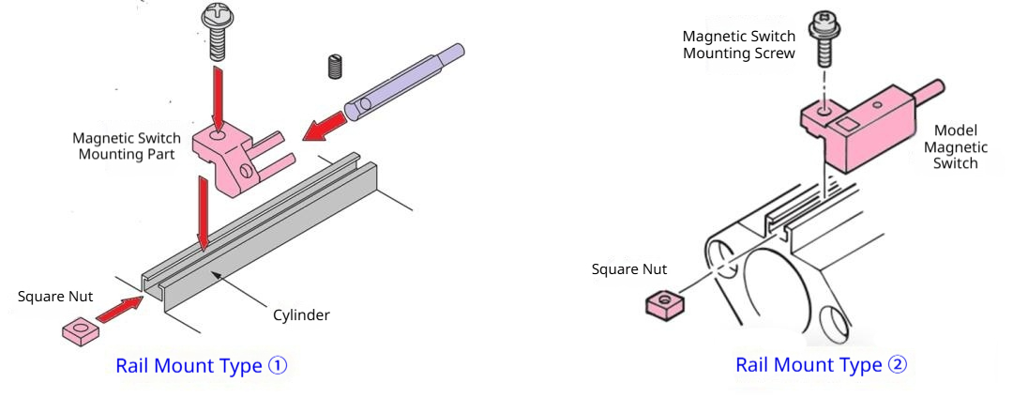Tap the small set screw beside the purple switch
(336, 66)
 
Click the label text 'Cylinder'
(300, 314)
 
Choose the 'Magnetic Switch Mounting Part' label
(127, 146)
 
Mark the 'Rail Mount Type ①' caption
(201, 365)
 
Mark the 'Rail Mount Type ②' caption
(821, 364)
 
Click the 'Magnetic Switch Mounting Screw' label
(739, 45)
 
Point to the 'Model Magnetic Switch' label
(956, 147)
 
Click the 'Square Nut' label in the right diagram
(629, 269)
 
